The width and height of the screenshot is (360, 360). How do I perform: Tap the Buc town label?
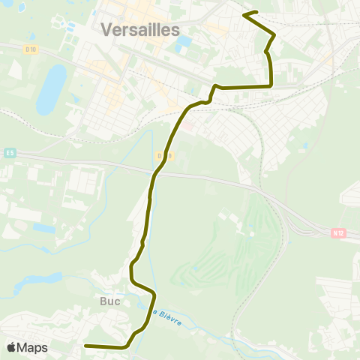(109, 301)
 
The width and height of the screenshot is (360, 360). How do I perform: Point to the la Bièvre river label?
(169, 316)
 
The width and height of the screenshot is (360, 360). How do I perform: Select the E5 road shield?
(9, 153)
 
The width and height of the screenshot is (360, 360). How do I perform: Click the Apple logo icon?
(11, 348)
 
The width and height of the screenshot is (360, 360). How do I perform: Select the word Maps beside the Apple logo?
(33, 348)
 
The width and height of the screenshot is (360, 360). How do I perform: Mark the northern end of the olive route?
(245, 13)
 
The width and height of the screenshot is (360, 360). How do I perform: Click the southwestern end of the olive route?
(85, 346)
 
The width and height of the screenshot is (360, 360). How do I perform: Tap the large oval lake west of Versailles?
(52, 88)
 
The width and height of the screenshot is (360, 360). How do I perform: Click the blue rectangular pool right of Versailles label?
(182, 43)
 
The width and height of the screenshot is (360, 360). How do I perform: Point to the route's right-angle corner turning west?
(271, 86)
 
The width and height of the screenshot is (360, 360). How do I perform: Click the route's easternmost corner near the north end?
(274, 34)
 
